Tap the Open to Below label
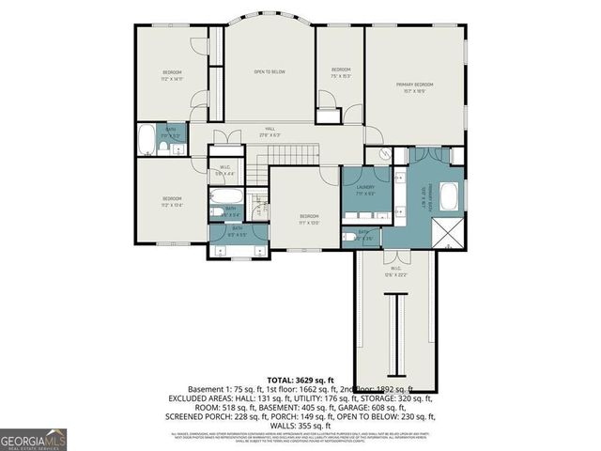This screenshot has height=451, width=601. [270, 71]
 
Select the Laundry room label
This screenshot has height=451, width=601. [365, 188]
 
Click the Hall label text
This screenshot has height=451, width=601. [270, 129]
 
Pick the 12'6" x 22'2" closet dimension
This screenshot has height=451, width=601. [395, 274]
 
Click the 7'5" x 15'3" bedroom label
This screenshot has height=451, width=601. [340, 74]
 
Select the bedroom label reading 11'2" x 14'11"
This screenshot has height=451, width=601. [171, 76]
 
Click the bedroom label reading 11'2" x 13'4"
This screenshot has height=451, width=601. [171, 201]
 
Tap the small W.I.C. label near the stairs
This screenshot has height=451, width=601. [223, 170]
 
